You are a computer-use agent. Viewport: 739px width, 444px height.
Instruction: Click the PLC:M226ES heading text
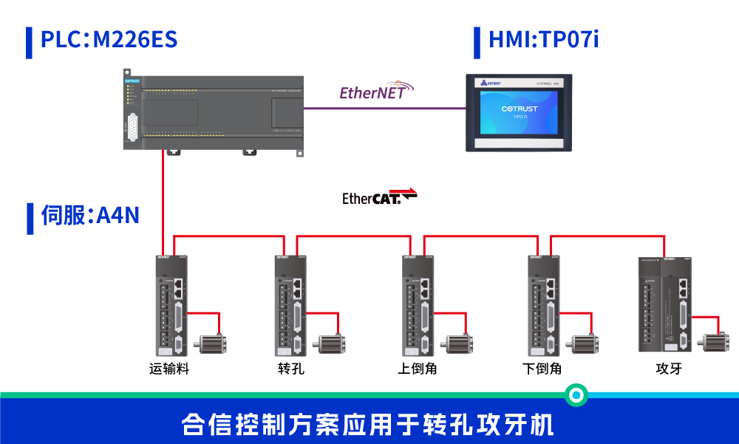coord(109,39)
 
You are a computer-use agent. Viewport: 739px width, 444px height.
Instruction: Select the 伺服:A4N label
coord(90,215)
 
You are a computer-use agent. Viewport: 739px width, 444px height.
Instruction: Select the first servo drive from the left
coord(171,306)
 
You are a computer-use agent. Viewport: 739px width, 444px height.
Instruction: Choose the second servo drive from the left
coord(290,306)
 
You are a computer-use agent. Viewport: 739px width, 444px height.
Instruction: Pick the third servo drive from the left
coord(418,306)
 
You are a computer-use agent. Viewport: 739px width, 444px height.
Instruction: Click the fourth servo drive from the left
coord(543,306)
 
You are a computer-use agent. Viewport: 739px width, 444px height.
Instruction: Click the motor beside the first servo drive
coord(211,343)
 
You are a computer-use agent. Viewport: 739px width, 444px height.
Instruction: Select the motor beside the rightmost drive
coord(715,341)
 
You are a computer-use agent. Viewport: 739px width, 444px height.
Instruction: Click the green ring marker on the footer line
coord(576,395)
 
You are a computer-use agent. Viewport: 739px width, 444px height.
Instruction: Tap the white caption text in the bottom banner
coord(368,425)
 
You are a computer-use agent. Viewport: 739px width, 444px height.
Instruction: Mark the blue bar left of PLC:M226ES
coord(30,42)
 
